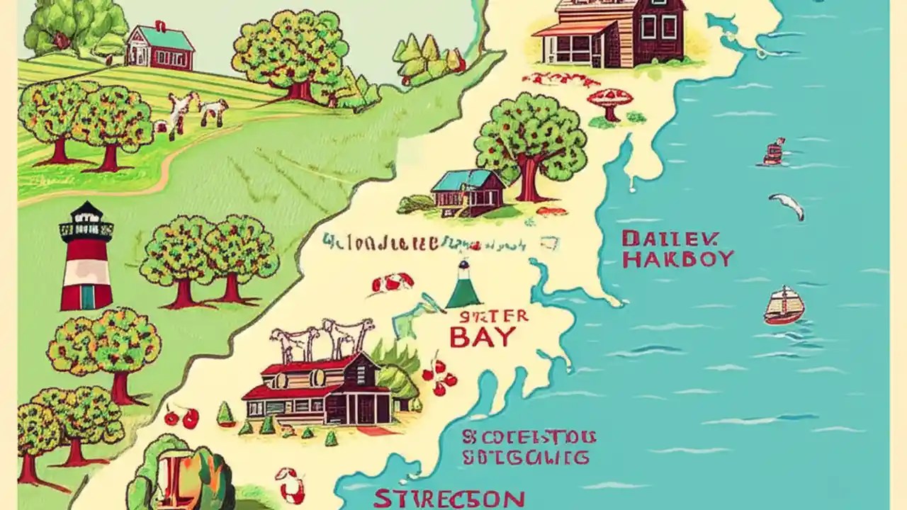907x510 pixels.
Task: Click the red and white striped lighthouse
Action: click(86, 259)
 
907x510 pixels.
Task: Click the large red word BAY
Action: click(483, 337)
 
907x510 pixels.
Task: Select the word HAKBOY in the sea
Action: click(677, 259)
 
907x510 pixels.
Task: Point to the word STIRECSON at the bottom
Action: click(449, 499)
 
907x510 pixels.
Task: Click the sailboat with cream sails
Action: click(784, 305)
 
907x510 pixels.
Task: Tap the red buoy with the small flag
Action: click(774, 152)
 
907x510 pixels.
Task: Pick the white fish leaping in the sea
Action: click(788, 206)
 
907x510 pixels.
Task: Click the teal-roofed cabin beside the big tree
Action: click(468, 192)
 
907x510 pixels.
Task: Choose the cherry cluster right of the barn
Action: click(441, 377)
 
